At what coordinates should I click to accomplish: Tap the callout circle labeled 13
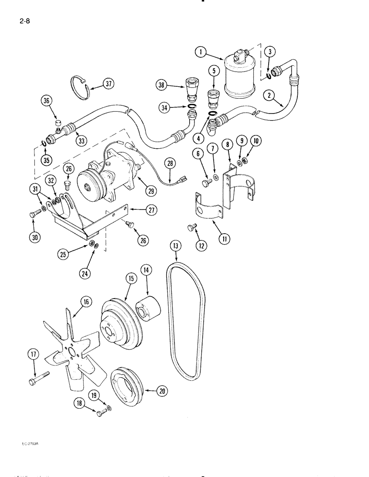click(176, 246)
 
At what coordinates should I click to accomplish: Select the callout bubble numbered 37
click(109, 85)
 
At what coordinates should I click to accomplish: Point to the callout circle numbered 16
click(86, 301)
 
